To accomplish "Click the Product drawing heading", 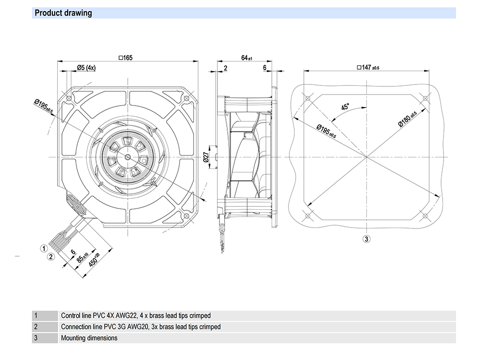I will tap(63, 13).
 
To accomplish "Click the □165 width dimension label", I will tap(125, 58).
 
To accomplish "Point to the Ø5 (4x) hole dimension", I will tap(86, 68).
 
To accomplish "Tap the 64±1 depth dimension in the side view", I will tap(246, 58).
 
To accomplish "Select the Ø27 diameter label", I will tap(206, 157).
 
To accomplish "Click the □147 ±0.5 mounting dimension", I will tap(368, 68).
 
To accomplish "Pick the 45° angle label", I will tap(346, 108).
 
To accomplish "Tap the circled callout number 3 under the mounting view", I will tap(366, 239).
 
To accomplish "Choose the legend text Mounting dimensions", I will tap(89, 338).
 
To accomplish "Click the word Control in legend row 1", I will tap(71, 316).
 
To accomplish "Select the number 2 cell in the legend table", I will tap(36, 327).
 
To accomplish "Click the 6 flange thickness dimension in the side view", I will tap(264, 68).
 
